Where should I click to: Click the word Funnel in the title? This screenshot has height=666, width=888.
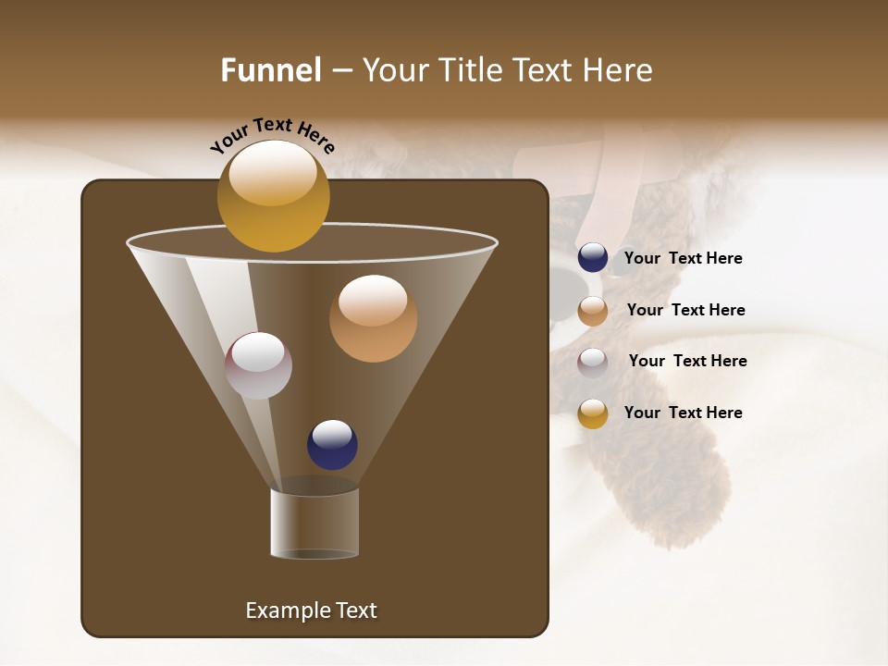coord(270,70)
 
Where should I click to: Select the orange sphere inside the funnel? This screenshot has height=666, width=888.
coord(373,319)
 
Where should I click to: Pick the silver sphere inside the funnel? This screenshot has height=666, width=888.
coord(258,365)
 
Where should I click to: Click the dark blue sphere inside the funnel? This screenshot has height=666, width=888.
coord(332,445)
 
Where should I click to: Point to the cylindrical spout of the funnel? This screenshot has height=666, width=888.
coord(314,524)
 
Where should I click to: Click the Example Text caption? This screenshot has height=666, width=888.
coord(311,610)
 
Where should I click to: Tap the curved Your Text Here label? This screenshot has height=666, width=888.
coord(272,135)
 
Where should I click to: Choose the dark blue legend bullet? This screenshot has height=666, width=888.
coord(593,258)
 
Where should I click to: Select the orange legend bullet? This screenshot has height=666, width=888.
coord(593,311)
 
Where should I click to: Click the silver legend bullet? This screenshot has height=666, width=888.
coord(593,363)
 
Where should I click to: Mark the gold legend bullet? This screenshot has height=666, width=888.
coord(593,413)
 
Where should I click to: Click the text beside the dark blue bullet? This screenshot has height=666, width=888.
coord(683,259)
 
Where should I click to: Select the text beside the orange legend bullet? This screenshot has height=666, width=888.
coord(685,310)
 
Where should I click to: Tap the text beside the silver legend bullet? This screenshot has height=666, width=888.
coord(687,361)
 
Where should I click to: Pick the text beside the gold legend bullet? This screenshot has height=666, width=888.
coord(683,413)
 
